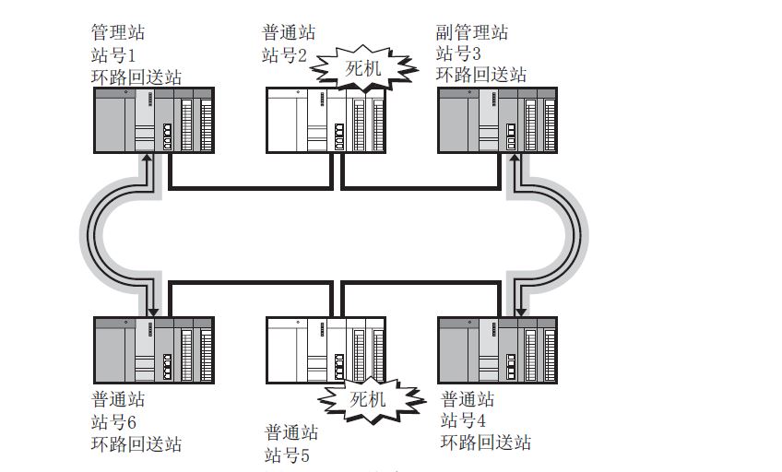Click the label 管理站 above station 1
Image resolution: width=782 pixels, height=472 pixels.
pyautogui.click(x=118, y=33)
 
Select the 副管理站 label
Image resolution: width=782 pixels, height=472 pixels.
pyautogui.click(x=471, y=33)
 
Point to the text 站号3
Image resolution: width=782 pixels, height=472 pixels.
pyautogui.click(x=458, y=54)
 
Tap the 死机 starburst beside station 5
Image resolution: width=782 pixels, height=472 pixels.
pyautogui.click(x=368, y=399)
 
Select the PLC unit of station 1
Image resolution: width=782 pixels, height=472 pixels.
pyautogui.click(x=154, y=120)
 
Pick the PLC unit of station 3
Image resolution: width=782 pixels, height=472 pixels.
pyautogui.click(x=498, y=120)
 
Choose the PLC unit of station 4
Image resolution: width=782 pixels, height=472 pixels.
pyautogui.click(x=498, y=349)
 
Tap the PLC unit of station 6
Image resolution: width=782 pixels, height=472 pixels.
pyautogui.click(x=154, y=349)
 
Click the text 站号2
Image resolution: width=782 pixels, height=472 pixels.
pyautogui.click(x=284, y=54)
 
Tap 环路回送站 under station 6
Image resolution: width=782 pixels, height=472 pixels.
pyautogui.click(x=136, y=444)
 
